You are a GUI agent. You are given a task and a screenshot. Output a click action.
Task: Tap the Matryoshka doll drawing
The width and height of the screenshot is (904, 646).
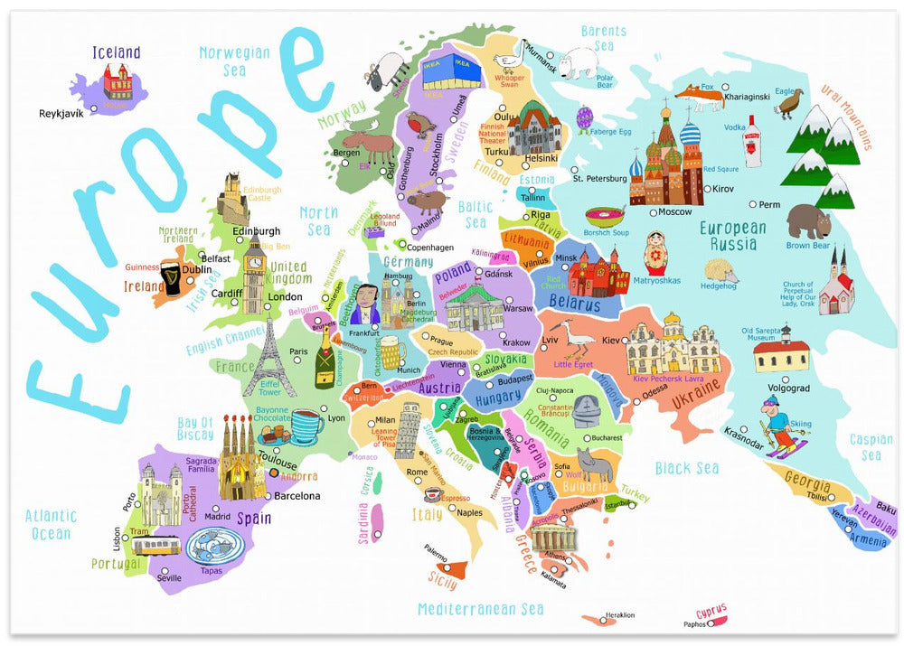tap(655, 256)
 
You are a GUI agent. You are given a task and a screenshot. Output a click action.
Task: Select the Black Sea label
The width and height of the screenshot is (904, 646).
tap(687, 467)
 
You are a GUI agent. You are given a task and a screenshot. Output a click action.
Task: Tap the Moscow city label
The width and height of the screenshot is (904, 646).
tap(674, 212)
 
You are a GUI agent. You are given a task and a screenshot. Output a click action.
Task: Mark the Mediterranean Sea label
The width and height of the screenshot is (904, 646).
tap(480, 608)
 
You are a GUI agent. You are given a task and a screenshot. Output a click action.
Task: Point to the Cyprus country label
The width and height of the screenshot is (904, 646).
tap(712, 611)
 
